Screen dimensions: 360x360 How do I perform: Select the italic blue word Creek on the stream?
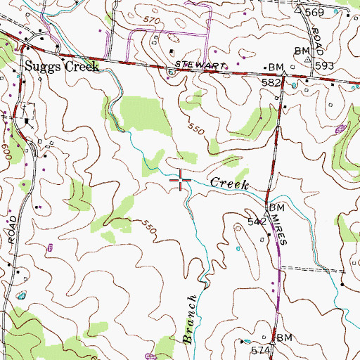pyautogui.click(x=231, y=183)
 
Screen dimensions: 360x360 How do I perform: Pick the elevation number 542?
pyautogui.click(x=256, y=220)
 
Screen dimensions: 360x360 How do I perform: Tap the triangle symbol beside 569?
pyautogui.click(x=299, y=10)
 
